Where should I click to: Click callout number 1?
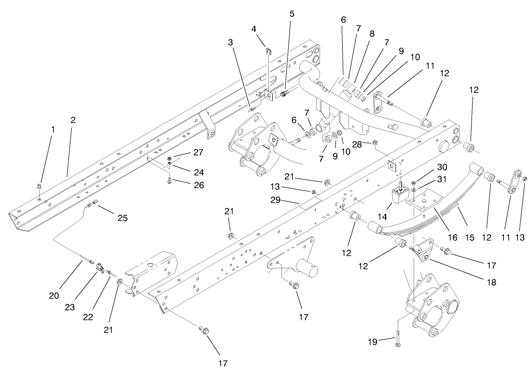point(54,129)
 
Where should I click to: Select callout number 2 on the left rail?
point(73,120)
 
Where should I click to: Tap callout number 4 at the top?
point(254,29)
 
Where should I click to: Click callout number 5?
point(292,14)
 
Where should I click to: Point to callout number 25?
point(123,218)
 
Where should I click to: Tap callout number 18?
point(491,282)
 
